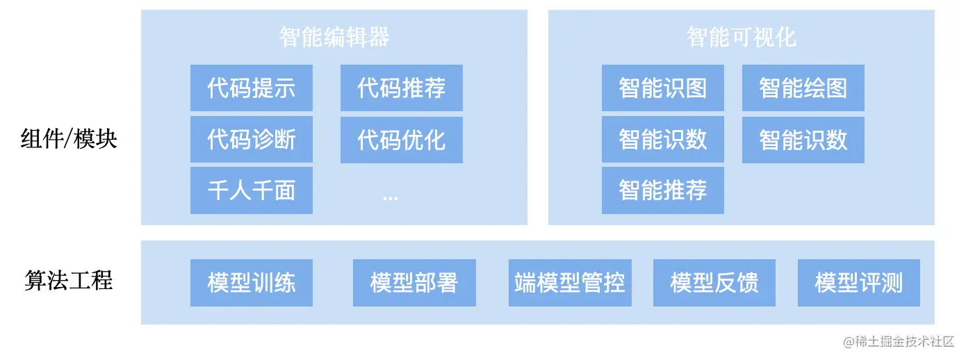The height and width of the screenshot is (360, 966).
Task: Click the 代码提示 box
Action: pos(251,88)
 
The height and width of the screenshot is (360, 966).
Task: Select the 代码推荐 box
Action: pos(401,88)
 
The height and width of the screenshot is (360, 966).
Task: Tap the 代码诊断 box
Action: pos(251,140)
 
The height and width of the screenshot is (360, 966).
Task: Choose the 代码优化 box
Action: pos(401,140)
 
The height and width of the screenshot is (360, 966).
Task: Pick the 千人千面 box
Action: pos(251,190)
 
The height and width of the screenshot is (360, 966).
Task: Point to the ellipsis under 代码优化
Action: pos(390,197)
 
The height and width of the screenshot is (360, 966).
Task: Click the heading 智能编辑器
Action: pos(334,37)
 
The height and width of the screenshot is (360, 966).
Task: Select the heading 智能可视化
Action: pos(741,37)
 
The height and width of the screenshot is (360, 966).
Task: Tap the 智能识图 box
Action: pos(662,88)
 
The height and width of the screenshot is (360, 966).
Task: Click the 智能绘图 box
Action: pos(803,88)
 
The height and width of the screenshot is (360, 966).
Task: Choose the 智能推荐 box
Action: pos(662,190)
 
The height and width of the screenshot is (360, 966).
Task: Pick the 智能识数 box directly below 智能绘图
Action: pos(803,140)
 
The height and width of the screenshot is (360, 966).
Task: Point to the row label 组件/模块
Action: pos(69,140)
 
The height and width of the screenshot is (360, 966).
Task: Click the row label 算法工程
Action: pos(69,281)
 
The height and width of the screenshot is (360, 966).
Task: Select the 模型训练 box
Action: pos(251,283)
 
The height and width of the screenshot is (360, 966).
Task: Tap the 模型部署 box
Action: pos(414,283)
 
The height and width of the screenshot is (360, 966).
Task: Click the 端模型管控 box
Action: pos(570,283)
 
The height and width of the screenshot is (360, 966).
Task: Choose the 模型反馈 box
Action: pos(714,283)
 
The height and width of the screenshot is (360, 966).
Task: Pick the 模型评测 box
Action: pos(858,283)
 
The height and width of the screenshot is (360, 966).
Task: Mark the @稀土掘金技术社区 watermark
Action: pos(899,341)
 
